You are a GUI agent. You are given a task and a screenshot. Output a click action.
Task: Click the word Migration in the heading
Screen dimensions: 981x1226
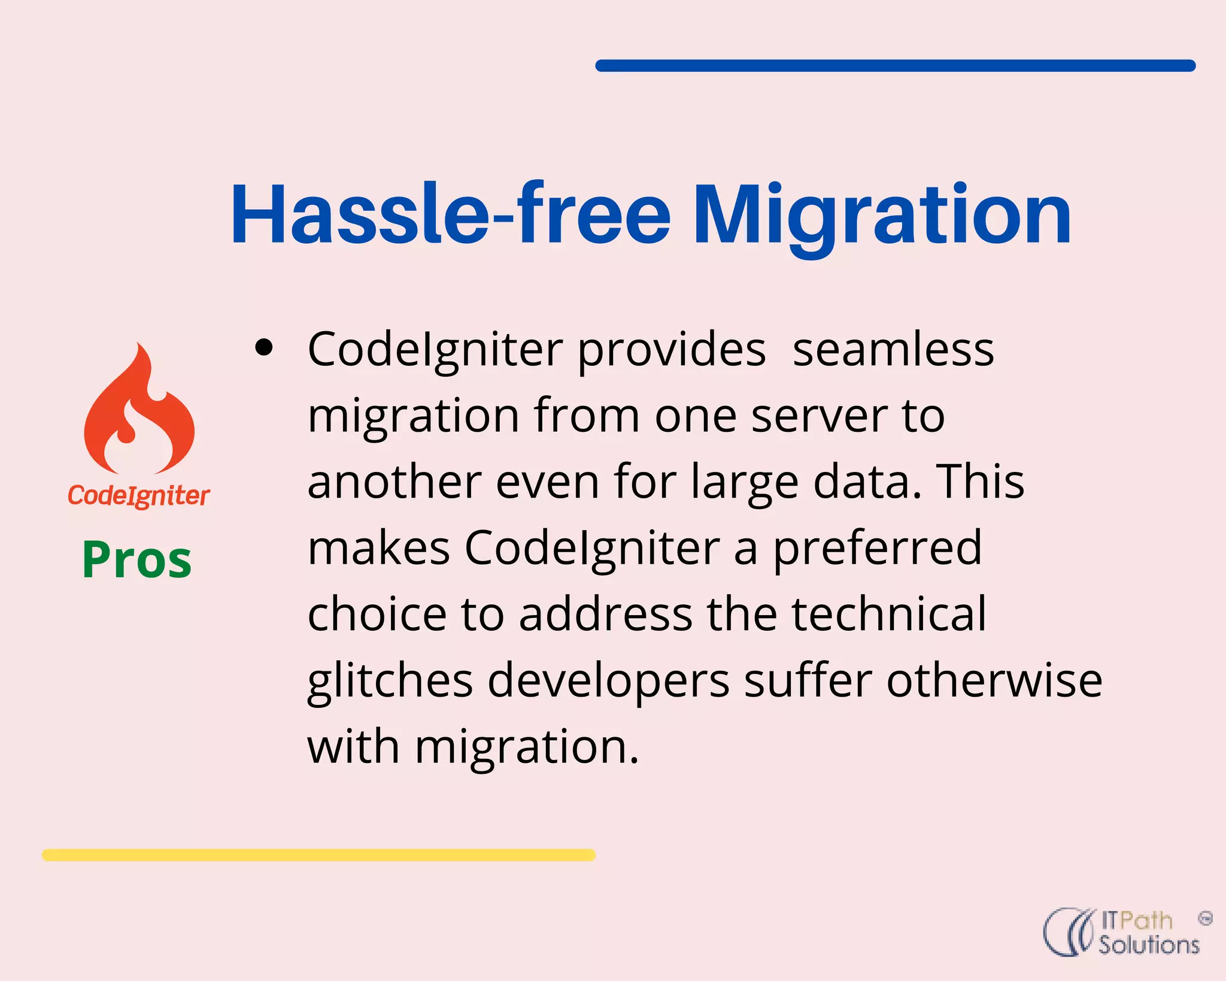tap(882, 216)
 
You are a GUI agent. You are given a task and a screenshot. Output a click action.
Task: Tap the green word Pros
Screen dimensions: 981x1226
tap(137, 559)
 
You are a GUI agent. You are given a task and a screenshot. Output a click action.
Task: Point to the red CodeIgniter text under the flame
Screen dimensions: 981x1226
tap(138, 496)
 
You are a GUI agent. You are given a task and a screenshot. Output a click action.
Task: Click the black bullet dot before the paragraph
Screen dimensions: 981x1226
tap(263, 347)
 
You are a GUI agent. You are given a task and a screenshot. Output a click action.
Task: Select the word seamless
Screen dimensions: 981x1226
tap(893, 349)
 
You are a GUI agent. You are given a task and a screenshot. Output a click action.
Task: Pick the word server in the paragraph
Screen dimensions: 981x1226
tap(820, 416)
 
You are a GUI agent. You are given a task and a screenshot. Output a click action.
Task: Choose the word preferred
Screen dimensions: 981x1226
tap(877, 549)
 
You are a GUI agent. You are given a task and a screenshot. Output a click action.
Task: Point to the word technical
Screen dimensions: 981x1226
tap(888, 614)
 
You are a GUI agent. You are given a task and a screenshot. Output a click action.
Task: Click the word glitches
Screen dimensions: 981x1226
tap(390, 682)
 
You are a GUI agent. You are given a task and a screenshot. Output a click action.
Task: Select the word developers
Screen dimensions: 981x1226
tap(608, 682)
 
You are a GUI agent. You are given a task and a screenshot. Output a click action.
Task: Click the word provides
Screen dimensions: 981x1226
tap(671, 350)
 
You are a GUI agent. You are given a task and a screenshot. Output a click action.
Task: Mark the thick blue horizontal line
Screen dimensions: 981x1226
tap(895, 66)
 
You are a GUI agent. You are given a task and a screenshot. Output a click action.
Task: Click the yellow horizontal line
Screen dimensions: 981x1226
tap(318, 855)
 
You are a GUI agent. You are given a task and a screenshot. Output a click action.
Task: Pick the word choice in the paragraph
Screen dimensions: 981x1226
tap(377, 614)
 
